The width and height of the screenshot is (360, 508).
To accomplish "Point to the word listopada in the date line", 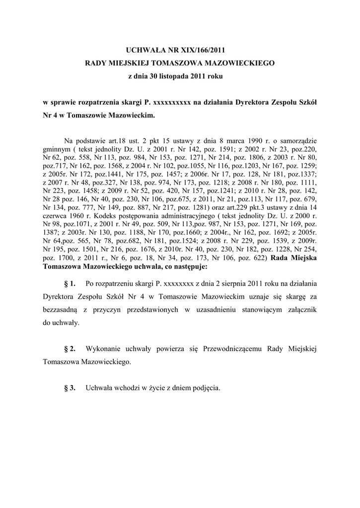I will (170, 77).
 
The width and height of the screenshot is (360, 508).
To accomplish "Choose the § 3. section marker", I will (70, 388).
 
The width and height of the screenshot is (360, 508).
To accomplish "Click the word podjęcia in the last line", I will (206, 388).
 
